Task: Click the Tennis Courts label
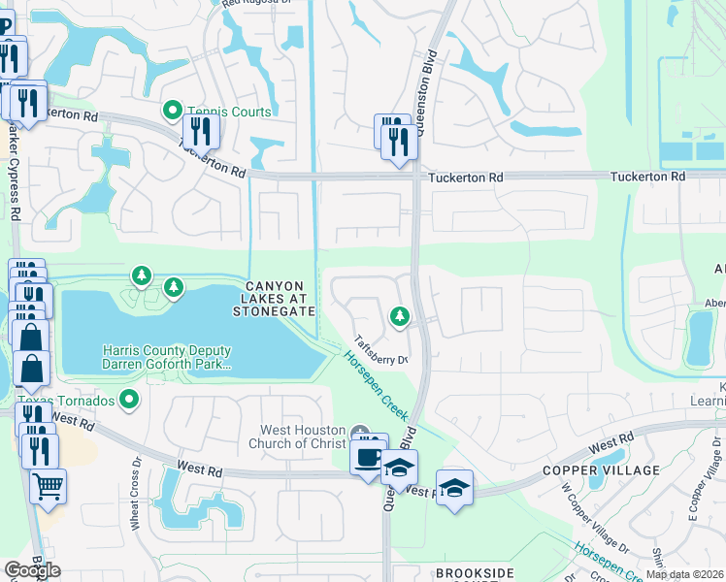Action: [x=228, y=112]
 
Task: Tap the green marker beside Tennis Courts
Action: [x=173, y=111]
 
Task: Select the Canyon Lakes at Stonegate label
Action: [x=274, y=299]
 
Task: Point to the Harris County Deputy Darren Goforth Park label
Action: [x=167, y=358]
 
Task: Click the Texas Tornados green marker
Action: [x=128, y=399]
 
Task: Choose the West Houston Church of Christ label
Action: [x=303, y=436]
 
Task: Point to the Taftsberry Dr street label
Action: [x=379, y=348]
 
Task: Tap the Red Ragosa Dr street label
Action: [x=256, y=4]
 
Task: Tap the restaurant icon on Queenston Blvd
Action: [x=398, y=142]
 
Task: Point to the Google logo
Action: [x=32, y=570]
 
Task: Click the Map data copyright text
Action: [x=684, y=574]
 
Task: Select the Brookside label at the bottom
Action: [x=475, y=573]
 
